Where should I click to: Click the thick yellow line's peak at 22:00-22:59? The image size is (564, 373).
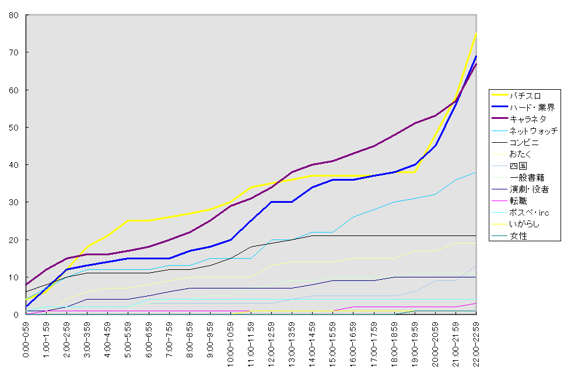[477, 33]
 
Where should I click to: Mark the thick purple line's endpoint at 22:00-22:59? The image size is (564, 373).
[477, 64]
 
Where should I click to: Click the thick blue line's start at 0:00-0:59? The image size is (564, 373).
[26, 307]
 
